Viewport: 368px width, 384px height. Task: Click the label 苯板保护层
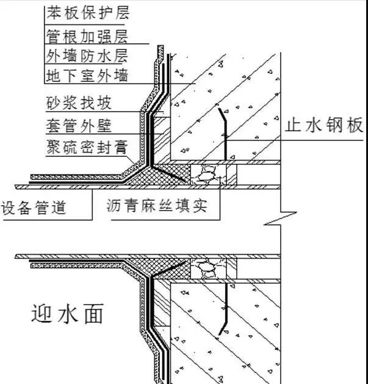[x=87, y=12]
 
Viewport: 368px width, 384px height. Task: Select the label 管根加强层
[x=87, y=34]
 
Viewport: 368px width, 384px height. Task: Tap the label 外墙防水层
[x=87, y=55]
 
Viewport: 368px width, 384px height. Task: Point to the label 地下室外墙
[x=87, y=76]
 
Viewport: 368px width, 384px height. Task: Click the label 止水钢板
[x=324, y=126]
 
